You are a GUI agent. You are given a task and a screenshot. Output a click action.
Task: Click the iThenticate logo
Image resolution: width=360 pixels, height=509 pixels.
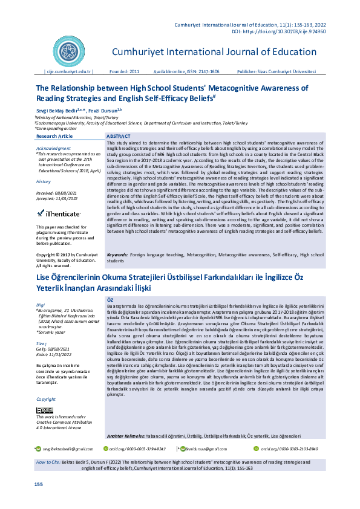point(58,213)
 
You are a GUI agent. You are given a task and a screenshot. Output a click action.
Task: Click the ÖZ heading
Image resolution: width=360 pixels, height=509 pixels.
point(110,300)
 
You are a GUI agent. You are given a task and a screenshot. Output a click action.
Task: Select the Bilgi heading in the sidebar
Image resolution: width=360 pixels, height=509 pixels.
point(41,305)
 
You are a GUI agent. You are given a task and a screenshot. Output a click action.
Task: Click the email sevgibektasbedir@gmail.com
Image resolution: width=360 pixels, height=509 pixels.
point(67,449)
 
